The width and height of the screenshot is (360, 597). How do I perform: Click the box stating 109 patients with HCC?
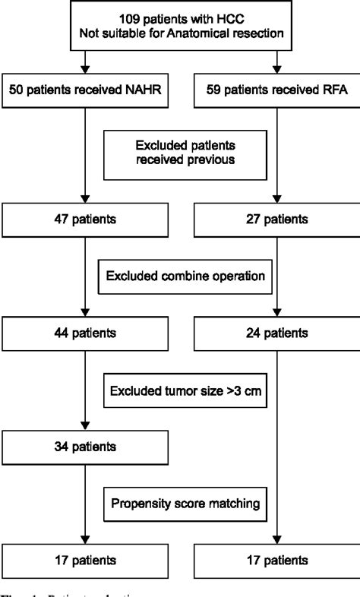coord(181,24)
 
